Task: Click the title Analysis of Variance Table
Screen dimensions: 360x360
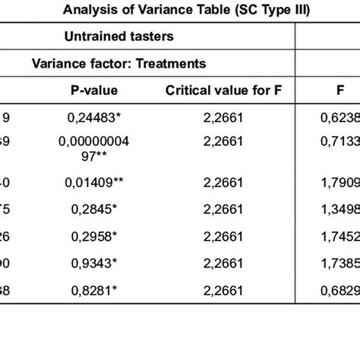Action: [x=180, y=11]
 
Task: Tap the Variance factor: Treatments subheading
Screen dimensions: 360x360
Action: [x=118, y=64]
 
